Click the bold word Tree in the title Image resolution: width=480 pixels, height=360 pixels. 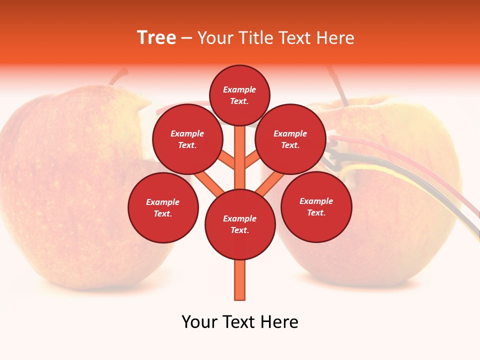tap(156, 38)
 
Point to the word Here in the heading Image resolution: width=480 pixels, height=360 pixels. tap(336, 38)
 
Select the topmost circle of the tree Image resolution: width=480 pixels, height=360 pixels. tap(239, 95)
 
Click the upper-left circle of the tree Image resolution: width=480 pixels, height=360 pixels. tap(187, 139)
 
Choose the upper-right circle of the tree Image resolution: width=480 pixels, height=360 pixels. tap(290, 139)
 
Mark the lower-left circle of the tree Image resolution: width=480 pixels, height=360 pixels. tap(163, 207)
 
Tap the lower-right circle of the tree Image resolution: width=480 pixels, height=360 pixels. tap(316, 206)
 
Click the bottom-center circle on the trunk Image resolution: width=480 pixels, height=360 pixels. tap(240, 224)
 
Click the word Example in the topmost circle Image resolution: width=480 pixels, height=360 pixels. tap(239, 89)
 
